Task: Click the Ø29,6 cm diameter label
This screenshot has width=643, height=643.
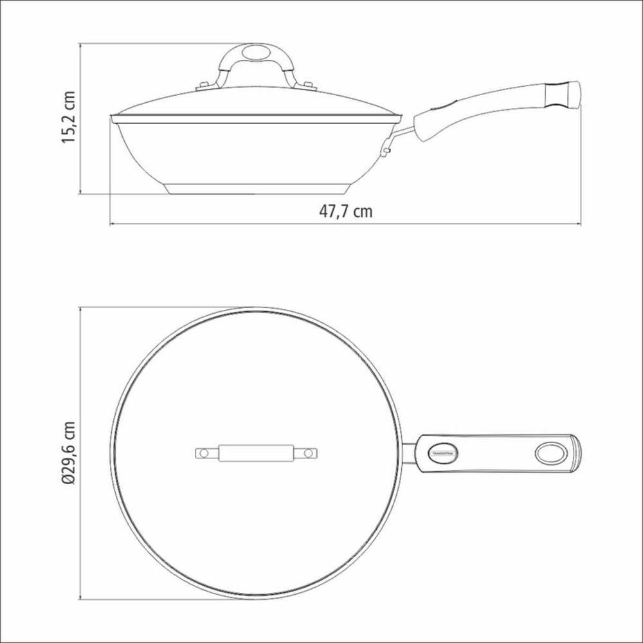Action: click(x=69, y=453)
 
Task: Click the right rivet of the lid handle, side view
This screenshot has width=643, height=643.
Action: click(x=307, y=84)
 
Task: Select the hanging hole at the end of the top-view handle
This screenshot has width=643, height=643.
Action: click(x=550, y=453)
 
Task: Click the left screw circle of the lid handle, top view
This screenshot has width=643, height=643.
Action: click(x=203, y=454)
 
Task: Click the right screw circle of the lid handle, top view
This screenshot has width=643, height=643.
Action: click(x=308, y=454)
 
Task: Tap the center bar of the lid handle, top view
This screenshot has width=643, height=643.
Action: click(x=256, y=454)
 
